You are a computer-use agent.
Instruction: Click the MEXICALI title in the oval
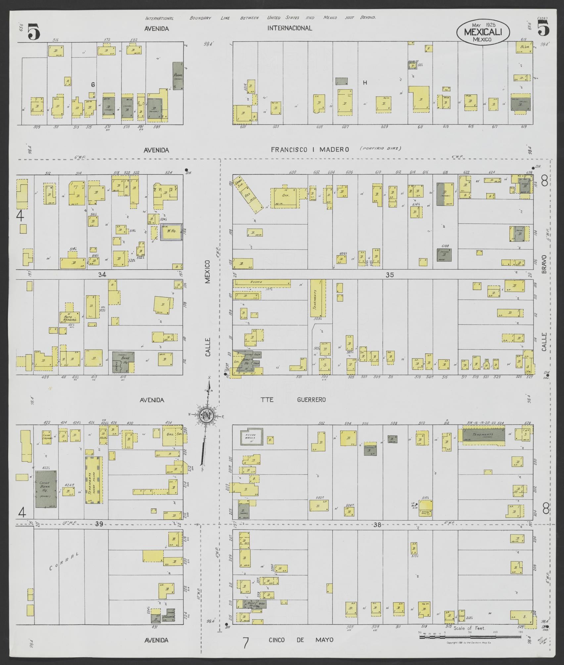point(483,32)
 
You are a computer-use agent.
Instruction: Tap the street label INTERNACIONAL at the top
point(290,28)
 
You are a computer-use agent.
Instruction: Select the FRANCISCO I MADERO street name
point(310,150)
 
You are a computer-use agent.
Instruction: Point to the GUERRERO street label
point(311,400)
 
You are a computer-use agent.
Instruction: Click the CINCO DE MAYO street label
point(300,640)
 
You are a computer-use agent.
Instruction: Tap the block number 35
point(390,274)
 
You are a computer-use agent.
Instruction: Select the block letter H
point(365,83)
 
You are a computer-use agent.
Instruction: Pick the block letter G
point(93,85)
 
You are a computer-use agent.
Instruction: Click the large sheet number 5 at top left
point(34,32)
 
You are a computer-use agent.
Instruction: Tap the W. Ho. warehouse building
point(171,231)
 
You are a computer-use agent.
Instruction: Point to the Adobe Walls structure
point(252,437)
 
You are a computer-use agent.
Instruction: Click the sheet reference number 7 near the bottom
point(245,643)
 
